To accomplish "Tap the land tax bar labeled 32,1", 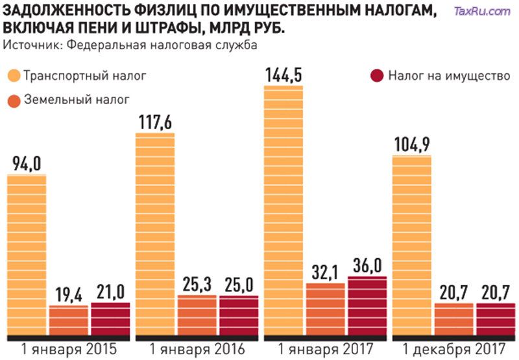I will (x=325, y=310).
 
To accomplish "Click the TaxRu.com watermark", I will (x=482, y=11).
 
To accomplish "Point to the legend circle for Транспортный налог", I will (x=14, y=75).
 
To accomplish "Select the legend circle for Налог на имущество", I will (x=377, y=75).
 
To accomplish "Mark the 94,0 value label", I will (x=27, y=163).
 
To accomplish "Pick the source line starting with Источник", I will (x=130, y=45).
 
